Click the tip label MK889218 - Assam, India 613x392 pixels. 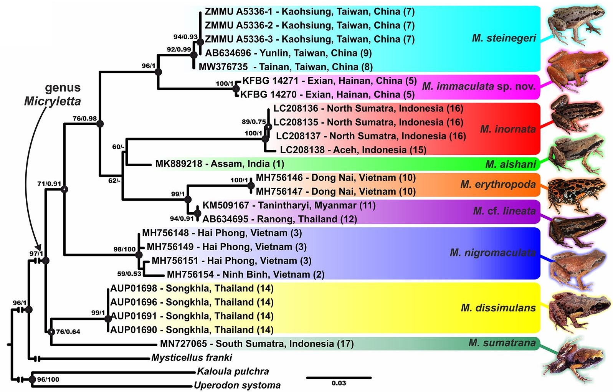click(x=220, y=164)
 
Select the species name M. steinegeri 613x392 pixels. click(x=504, y=38)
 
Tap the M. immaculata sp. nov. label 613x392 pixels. click(x=478, y=86)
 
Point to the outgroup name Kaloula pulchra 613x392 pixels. click(x=233, y=372)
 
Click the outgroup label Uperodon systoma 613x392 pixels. click(x=237, y=385)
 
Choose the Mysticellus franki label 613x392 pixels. click(x=192, y=358)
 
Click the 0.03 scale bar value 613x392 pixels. click(x=339, y=383)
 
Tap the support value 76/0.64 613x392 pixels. click(x=68, y=332)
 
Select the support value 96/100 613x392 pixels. click(x=48, y=380)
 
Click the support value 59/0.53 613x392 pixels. click(x=129, y=274)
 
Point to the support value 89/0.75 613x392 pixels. click(x=254, y=122)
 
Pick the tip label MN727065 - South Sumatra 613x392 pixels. click(x=257, y=344)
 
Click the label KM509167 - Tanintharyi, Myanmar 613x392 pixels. click(x=289, y=205)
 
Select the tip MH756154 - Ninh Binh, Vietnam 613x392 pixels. click(x=246, y=275)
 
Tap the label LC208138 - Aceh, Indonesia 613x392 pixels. click(x=353, y=150)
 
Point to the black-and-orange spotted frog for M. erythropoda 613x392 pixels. click(x=576, y=194)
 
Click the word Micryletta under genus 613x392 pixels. click(x=53, y=101)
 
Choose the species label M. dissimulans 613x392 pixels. click(x=498, y=308)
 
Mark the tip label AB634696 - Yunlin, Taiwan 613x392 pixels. click(x=288, y=53)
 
